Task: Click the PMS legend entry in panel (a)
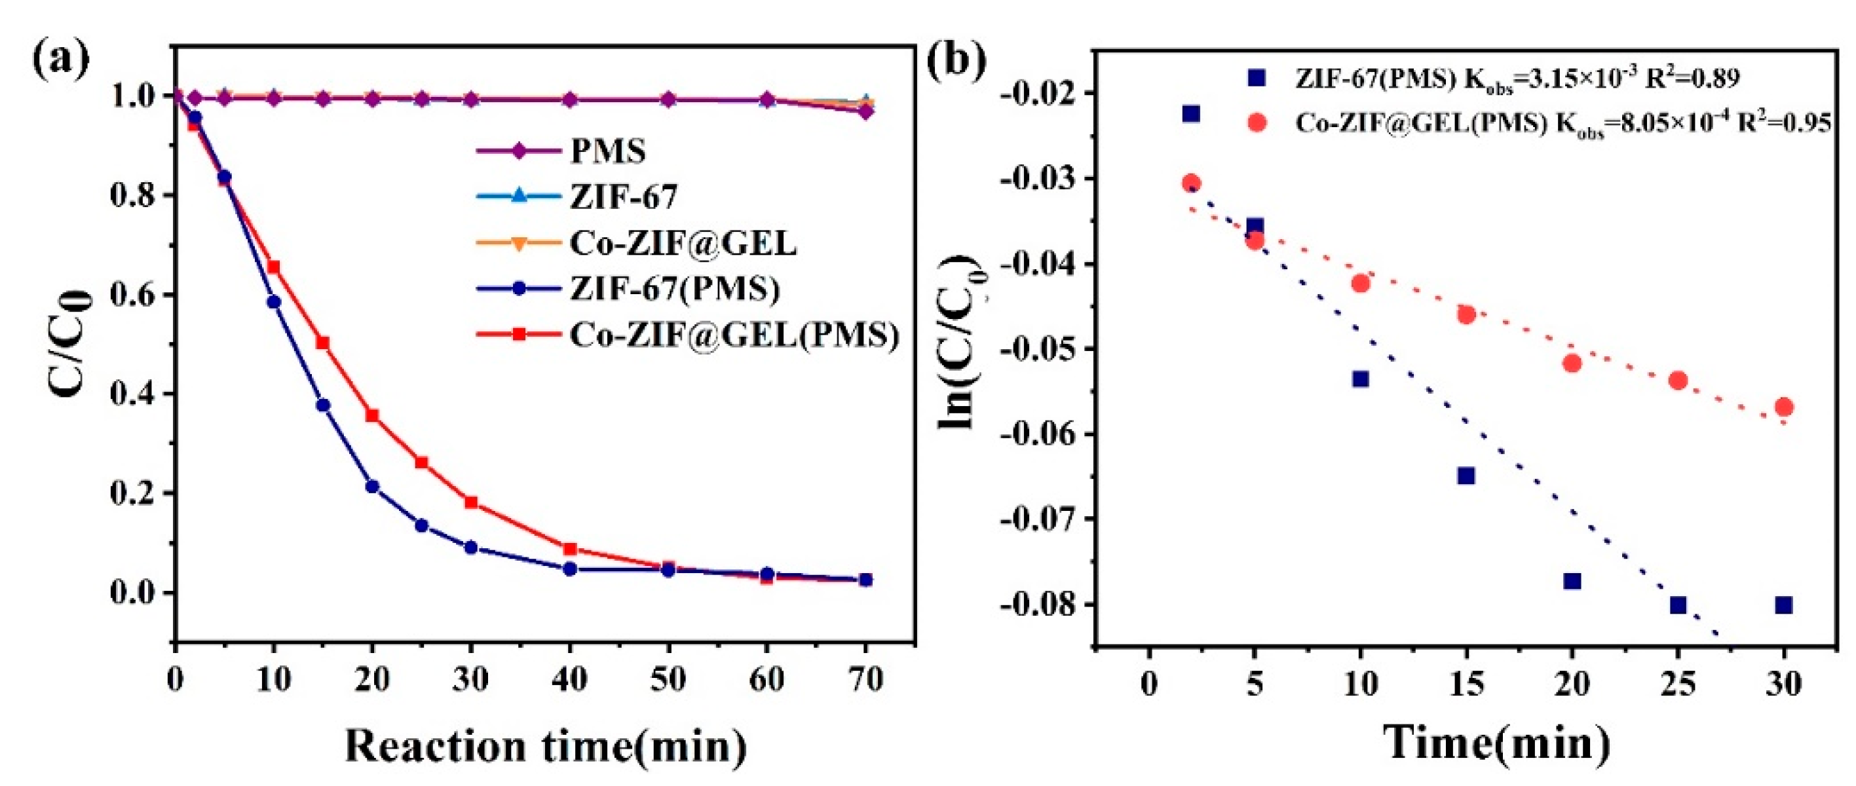pyautogui.click(x=607, y=151)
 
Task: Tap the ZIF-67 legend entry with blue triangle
pyautogui.click(x=623, y=196)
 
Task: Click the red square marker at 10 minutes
pyautogui.click(x=274, y=267)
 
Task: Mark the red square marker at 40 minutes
pyautogui.click(x=569, y=549)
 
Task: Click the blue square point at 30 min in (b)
pyautogui.click(x=1784, y=605)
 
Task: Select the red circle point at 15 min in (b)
pyautogui.click(x=1466, y=314)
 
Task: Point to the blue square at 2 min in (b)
pyautogui.click(x=1192, y=114)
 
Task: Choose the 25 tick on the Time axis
pyautogui.click(x=1678, y=683)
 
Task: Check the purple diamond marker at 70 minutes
pyautogui.click(x=865, y=111)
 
